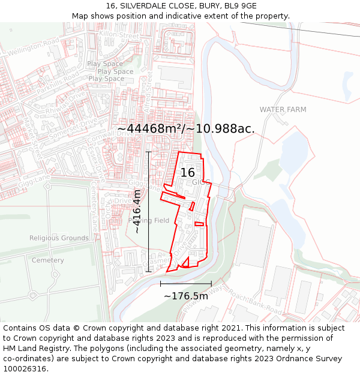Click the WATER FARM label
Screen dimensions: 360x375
click(283, 110)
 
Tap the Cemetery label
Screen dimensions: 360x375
click(47, 260)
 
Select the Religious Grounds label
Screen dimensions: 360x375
click(59, 238)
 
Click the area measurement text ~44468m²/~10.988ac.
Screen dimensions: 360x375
click(186, 128)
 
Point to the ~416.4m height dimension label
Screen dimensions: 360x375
click(137, 211)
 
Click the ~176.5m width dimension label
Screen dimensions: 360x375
click(186, 296)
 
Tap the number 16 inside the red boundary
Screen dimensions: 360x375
click(187, 172)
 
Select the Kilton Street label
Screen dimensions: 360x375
click(119, 36)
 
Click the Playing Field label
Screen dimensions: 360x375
click(149, 221)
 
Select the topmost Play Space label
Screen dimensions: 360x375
click(104, 64)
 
